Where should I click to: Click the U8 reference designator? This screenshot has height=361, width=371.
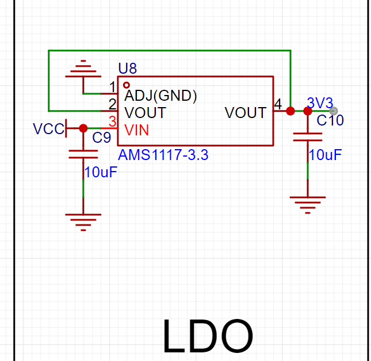128,69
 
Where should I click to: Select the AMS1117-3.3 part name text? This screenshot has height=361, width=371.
163,155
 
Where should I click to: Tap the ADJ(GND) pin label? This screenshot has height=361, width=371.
160,96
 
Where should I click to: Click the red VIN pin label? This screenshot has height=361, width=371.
136,130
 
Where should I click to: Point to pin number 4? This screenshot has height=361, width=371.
278,104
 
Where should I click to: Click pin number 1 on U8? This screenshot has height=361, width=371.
113,87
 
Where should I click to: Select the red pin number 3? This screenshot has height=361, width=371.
113,121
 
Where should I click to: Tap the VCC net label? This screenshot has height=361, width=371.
49,129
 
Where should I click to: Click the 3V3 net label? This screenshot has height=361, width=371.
320,103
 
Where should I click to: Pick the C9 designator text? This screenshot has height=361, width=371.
101,138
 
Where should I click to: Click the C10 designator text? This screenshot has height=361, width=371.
330,120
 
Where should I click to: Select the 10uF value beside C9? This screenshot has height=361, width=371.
101,172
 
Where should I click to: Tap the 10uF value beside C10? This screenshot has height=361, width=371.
326,155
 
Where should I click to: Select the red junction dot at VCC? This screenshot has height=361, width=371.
83,128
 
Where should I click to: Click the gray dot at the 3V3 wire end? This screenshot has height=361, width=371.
334,111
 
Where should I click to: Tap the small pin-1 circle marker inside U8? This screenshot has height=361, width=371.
127,85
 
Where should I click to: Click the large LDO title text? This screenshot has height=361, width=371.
208,336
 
